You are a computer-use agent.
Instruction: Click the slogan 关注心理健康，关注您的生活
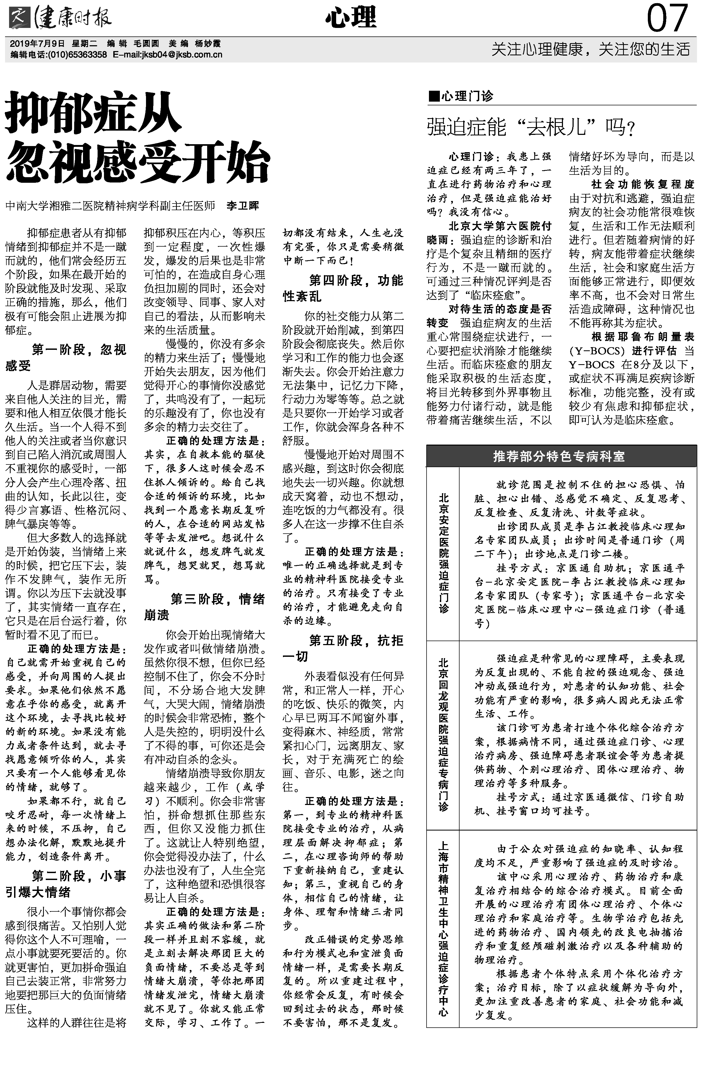590,49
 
